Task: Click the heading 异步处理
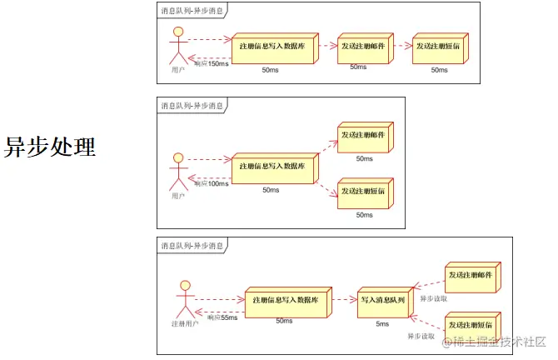(51, 147)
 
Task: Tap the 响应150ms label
(211, 63)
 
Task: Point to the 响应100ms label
(212, 182)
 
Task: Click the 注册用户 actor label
(185, 322)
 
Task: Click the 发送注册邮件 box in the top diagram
(363, 47)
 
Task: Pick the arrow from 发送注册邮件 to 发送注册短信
(401, 47)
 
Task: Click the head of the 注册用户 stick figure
(186, 286)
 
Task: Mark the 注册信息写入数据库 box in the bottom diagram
(283, 300)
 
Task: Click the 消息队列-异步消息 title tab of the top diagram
(192, 11)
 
